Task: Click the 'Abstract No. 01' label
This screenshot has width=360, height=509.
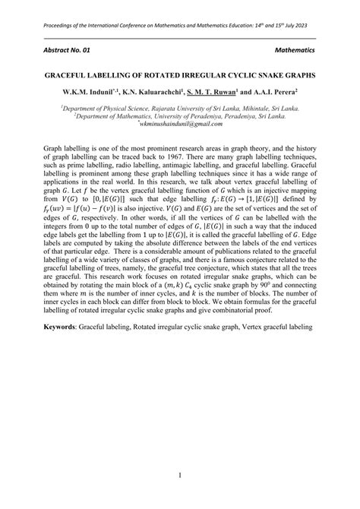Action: point(68,49)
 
